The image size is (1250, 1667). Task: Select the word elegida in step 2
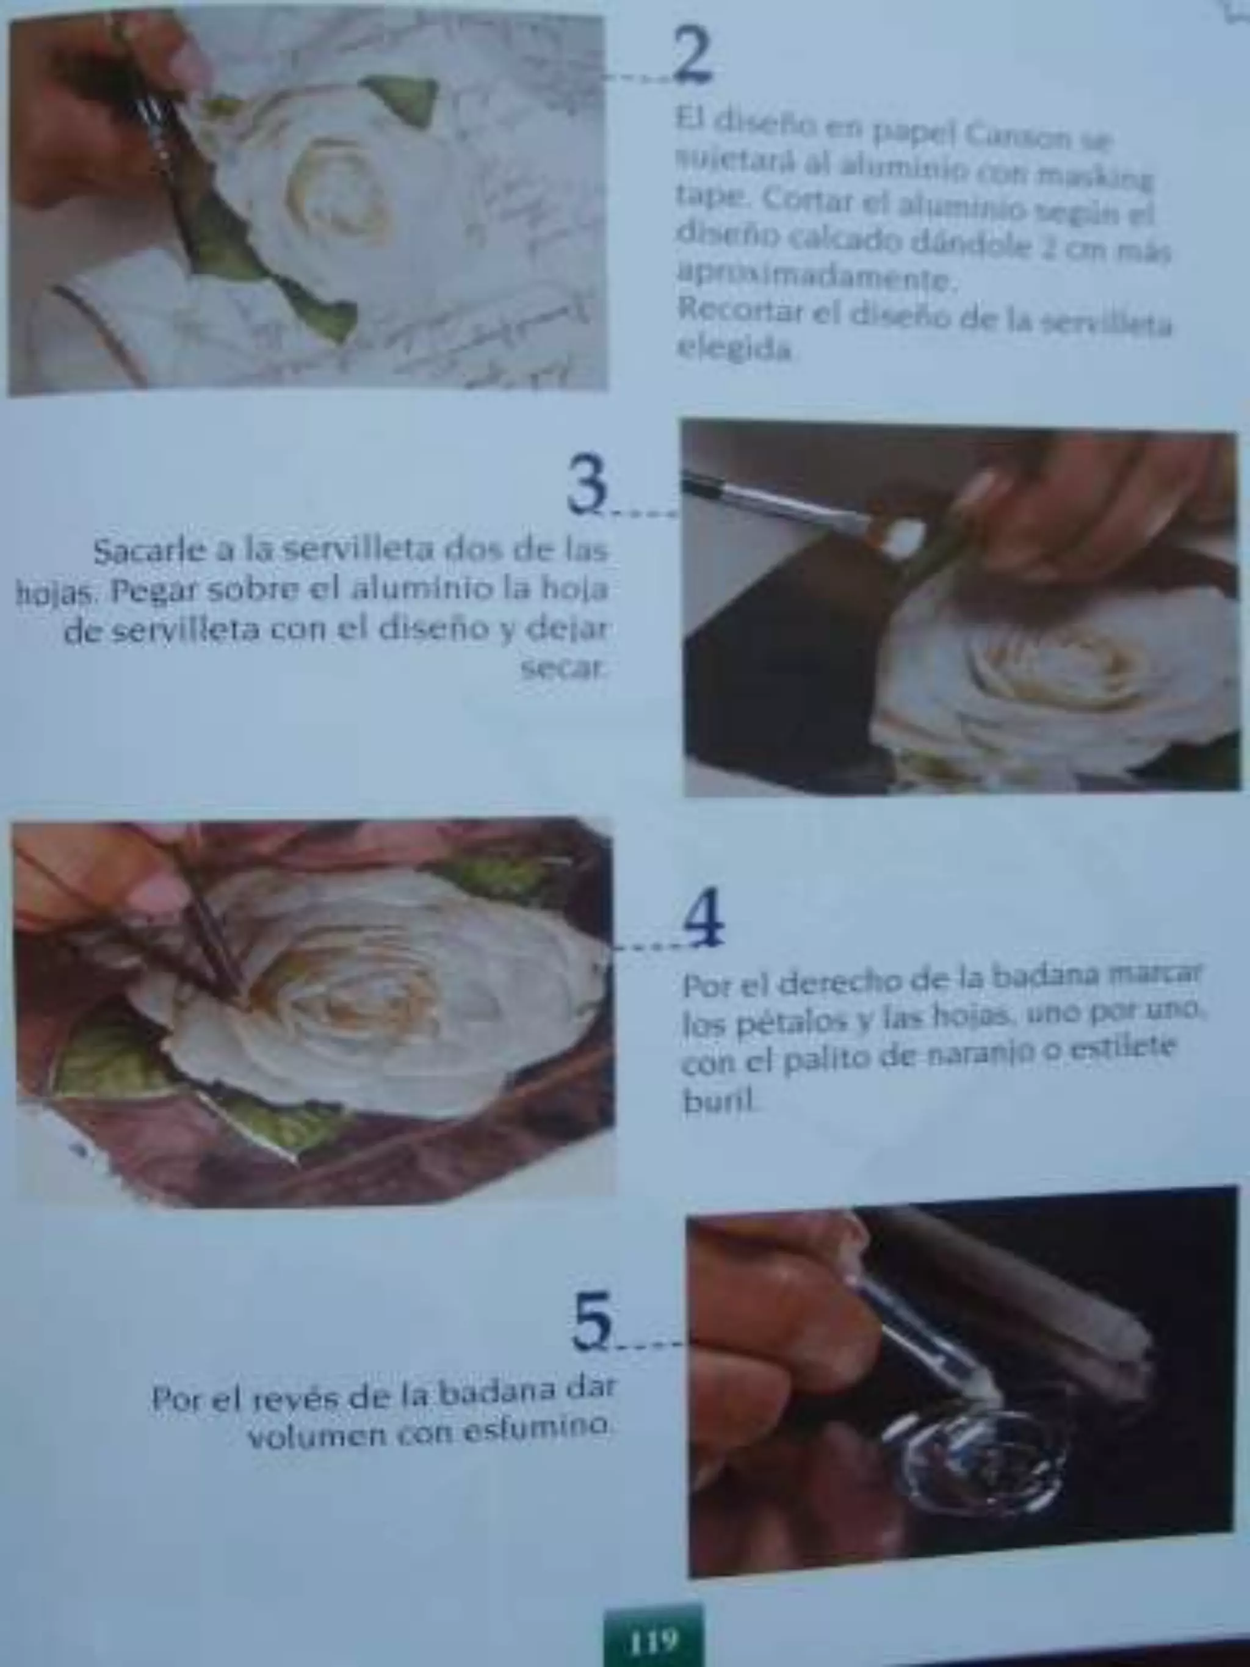(x=735, y=349)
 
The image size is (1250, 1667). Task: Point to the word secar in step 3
(x=563, y=668)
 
